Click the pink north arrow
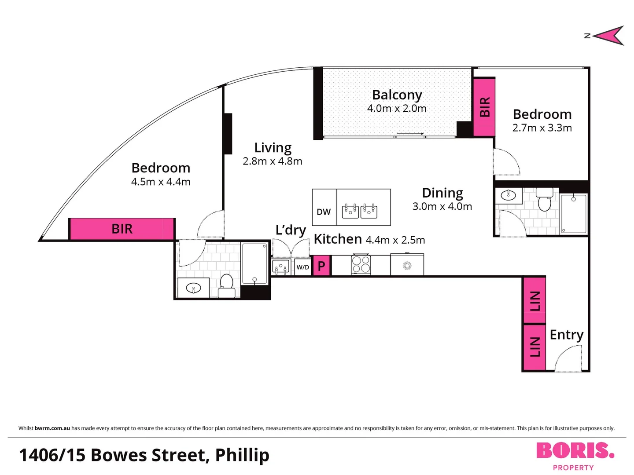(x=610, y=36)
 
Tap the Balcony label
(x=397, y=95)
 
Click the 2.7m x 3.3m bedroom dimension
(x=542, y=128)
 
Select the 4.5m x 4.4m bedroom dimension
(x=161, y=182)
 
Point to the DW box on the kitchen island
(x=324, y=212)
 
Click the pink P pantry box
(x=321, y=266)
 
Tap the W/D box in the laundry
(x=302, y=267)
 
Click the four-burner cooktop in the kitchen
(x=361, y=264)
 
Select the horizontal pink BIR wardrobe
(x=122, y=229)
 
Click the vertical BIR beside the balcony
(x=484, y=107)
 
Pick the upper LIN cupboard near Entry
(x=534, y=300)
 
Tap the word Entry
(x=566, y=335)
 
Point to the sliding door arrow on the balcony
(x=410, y=134)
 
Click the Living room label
(x=273, y=148)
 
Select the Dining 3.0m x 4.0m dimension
(x=442, y=206)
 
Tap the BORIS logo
(x=575, y=451)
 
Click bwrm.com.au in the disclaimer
(x=52, y=428)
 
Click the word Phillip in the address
(x=242, y=455)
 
